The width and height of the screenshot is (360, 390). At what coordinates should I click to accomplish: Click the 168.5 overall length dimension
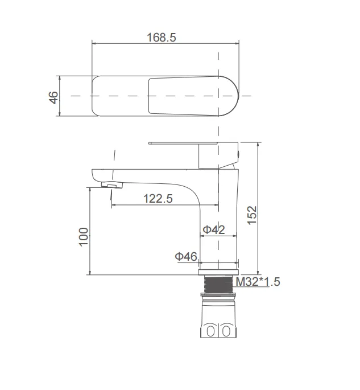click(162, 38)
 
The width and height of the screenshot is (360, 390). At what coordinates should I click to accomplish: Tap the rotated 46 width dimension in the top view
click(53, 97)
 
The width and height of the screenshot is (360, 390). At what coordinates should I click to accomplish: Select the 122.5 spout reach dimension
click(158, 199)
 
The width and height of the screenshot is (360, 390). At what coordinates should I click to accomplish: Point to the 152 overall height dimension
click(252, 215)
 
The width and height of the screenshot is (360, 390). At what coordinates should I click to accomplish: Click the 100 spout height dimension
click(84, 237)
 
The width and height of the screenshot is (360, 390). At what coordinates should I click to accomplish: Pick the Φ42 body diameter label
click(214, 229)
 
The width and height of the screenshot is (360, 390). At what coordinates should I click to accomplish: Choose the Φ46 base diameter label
click(186, 256)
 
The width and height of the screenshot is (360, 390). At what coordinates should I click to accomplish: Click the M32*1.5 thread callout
click(258, 282)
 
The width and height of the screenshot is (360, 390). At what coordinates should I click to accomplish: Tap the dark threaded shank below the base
click(218, 284)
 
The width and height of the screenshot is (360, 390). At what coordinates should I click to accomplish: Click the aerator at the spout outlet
click(112, 185)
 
